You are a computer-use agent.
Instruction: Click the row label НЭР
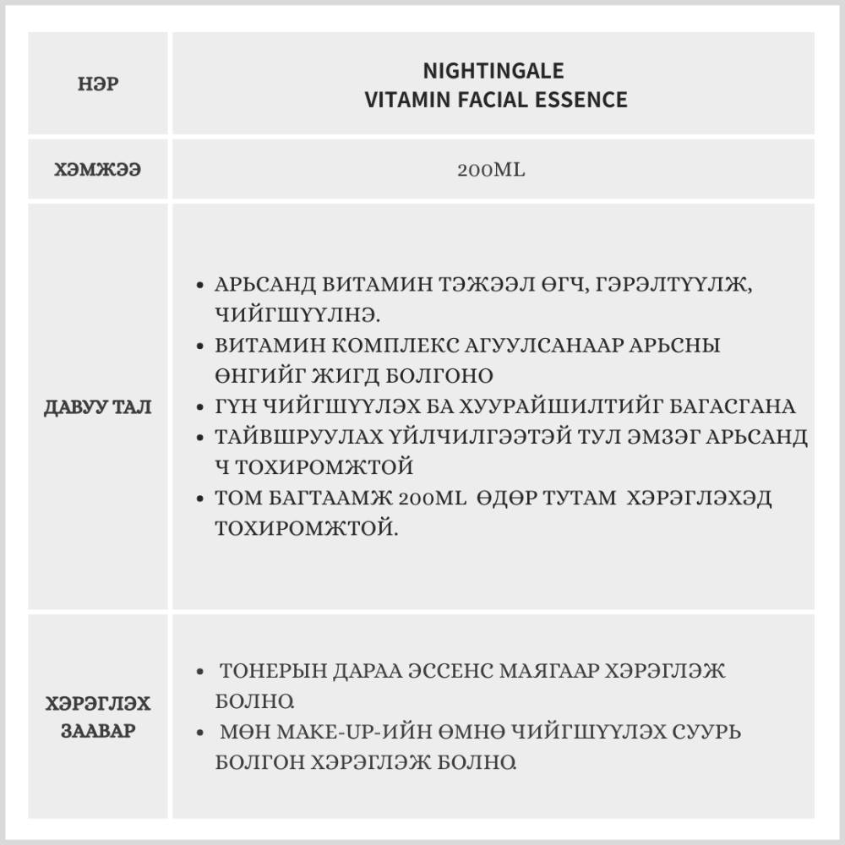pyautogui.click(x=98, y=85)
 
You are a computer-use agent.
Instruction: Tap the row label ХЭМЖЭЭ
pyautogui.click(x=98, y=170)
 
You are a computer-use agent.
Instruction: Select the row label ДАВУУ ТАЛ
pyautogui.click(x=98, y=407)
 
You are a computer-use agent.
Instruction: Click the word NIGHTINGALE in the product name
pyautogui.click(x=493, y=70)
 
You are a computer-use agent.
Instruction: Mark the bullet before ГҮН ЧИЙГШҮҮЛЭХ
pyautogui.click(x=199, y=407)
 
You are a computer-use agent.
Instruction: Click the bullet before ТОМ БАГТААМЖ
pyautogui.click(x=199, y=499)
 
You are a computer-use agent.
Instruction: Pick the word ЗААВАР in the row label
pyautogui.click(x=98, y=731)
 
